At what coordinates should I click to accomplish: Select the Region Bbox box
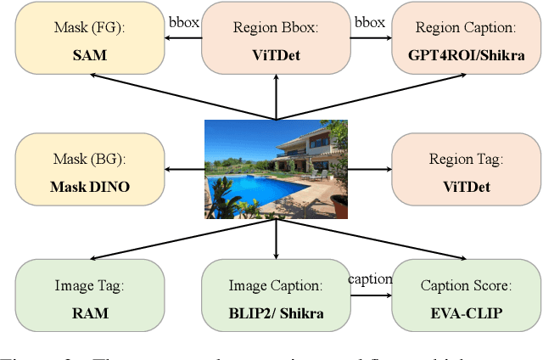pyautogui.click(x=275, y=38)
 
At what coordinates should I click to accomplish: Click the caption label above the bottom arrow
pyautogui.click(x=370, y=279)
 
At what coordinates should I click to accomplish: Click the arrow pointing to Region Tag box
pyautogui.click(x=369, y=170)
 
